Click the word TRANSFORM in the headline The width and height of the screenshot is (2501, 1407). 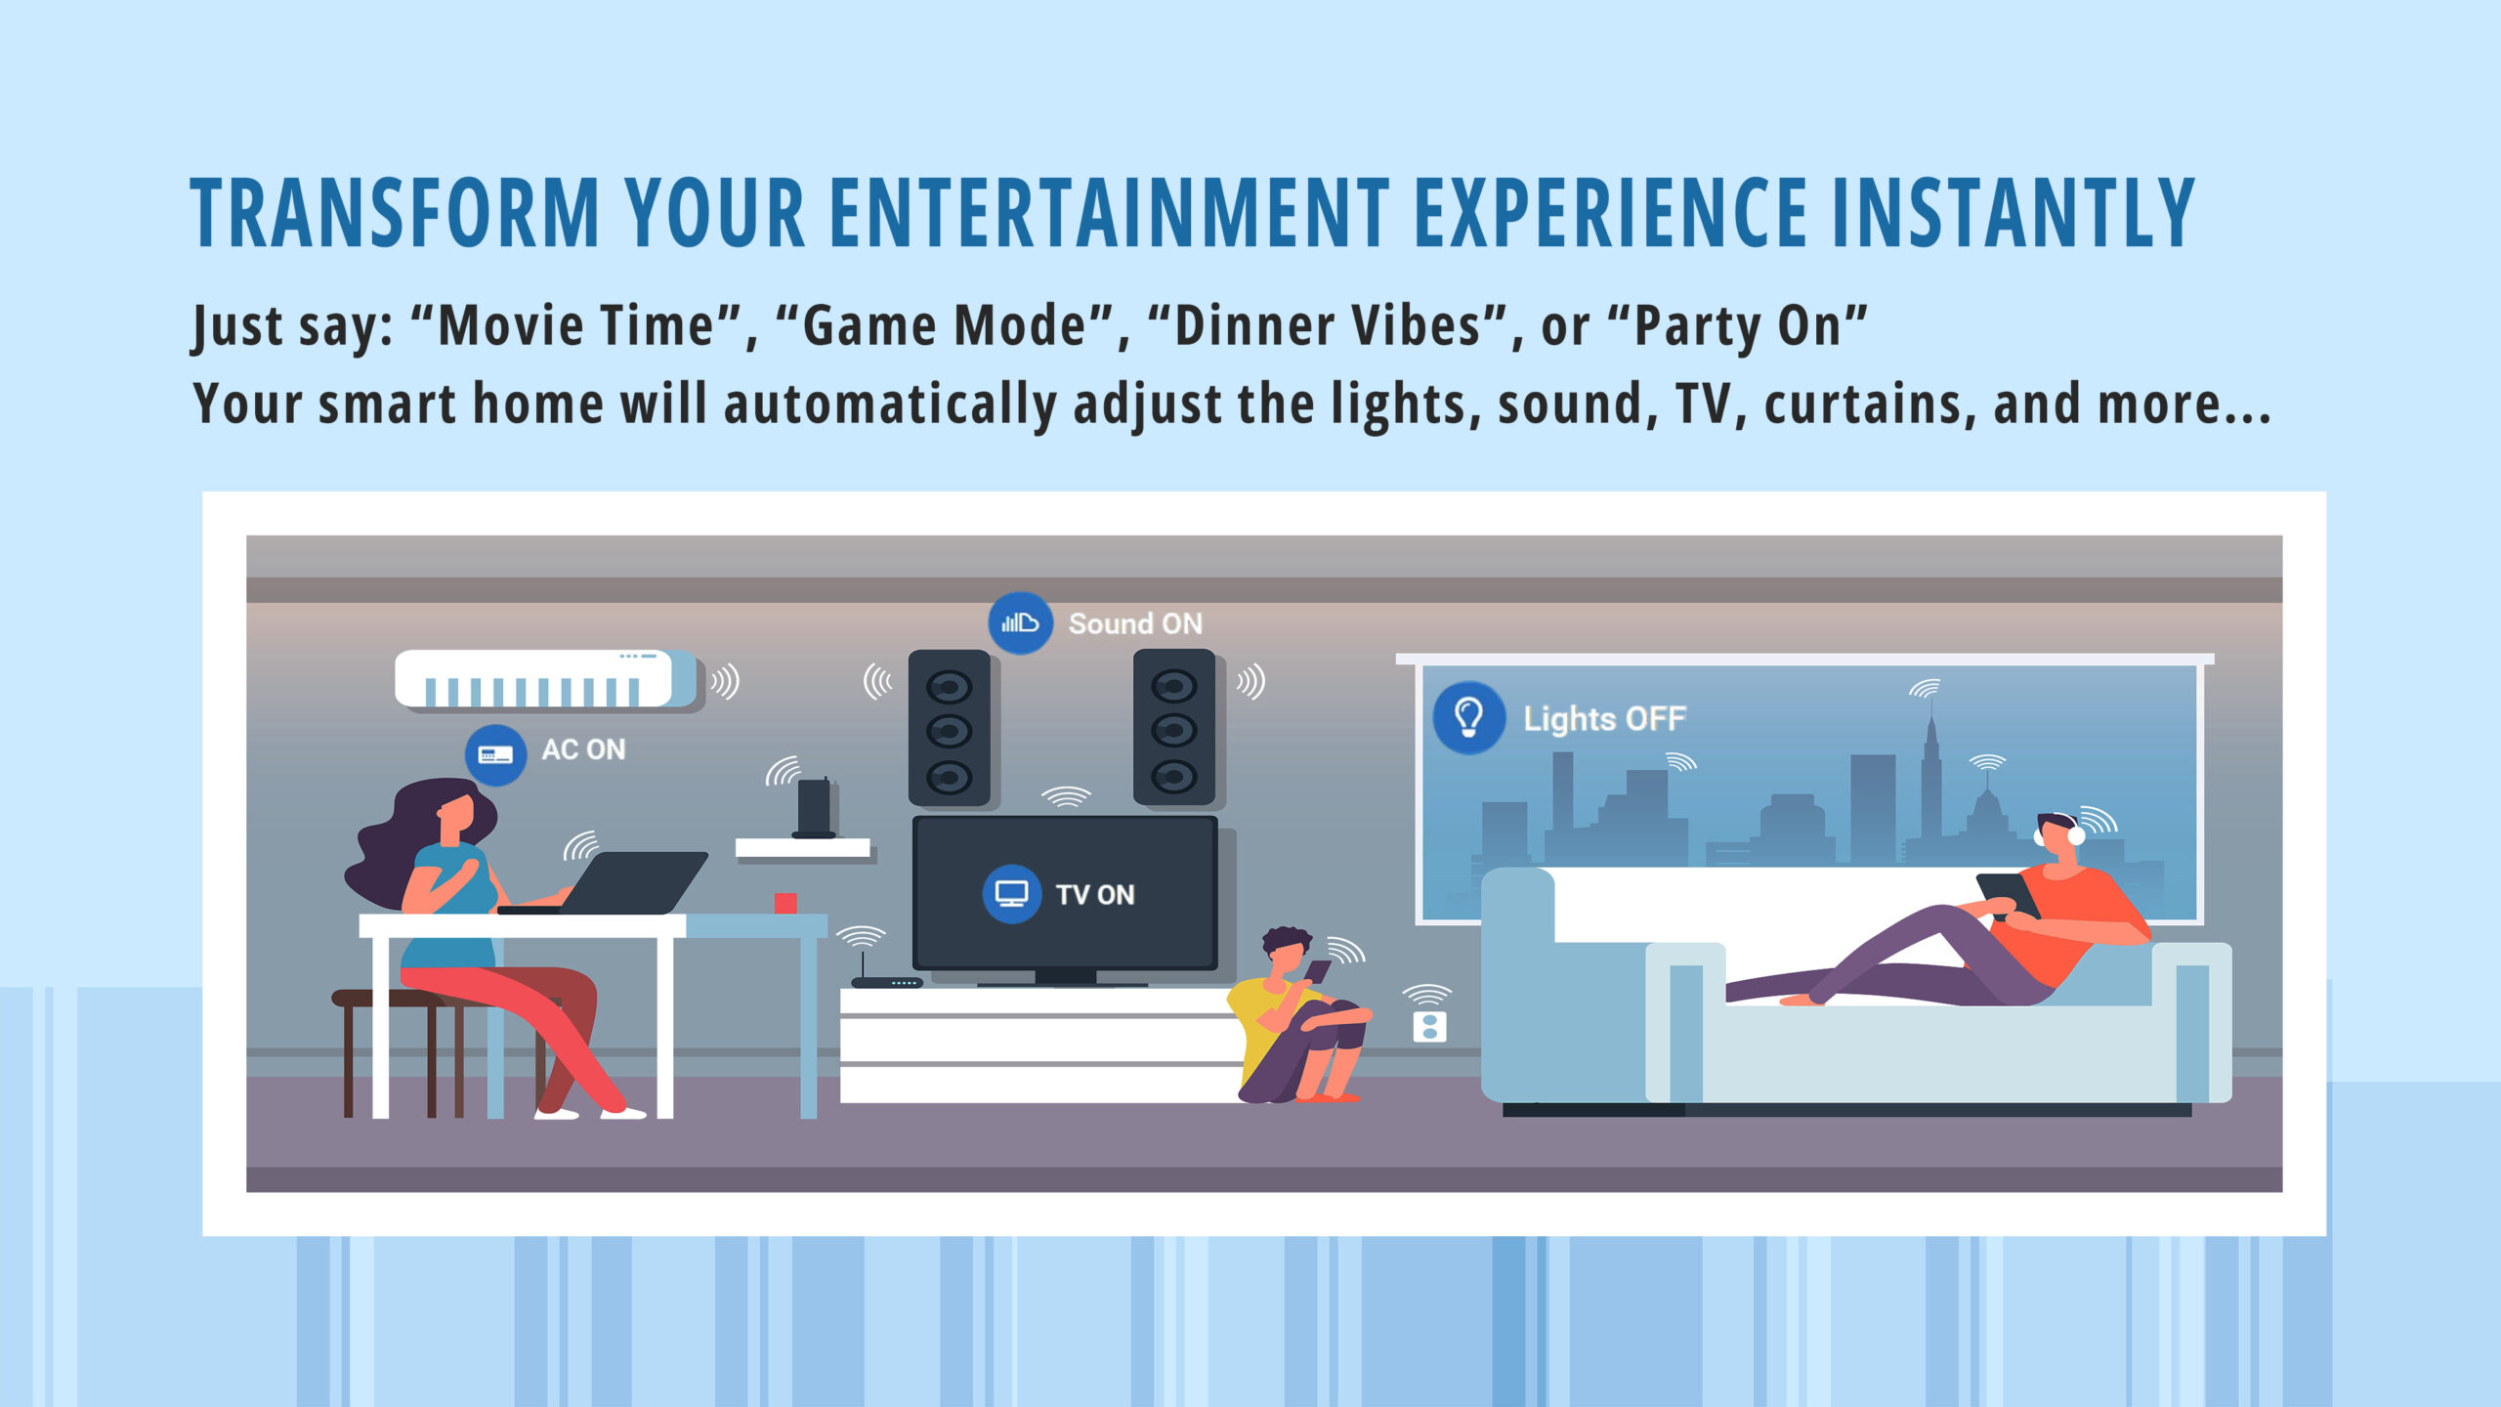(395, 212)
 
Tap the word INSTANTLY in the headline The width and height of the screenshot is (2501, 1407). (2013, 212)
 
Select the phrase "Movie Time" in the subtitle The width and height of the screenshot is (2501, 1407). (577, 325)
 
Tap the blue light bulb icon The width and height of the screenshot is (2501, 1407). (1468, 717)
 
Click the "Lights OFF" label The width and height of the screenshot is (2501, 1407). (1604, 719)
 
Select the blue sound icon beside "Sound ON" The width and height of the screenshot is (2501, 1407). (1020, 622)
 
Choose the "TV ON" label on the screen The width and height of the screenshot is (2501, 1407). (1095, 895)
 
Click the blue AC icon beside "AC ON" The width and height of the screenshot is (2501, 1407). (495, 754)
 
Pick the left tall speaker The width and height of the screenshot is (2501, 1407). (949, 729)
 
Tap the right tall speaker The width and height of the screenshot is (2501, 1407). (1173, 729)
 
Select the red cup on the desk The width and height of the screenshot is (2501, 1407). (785, 903)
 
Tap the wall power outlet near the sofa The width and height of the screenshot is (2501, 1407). (1429, 1027)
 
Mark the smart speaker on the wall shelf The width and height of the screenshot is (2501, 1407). (813, 808)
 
